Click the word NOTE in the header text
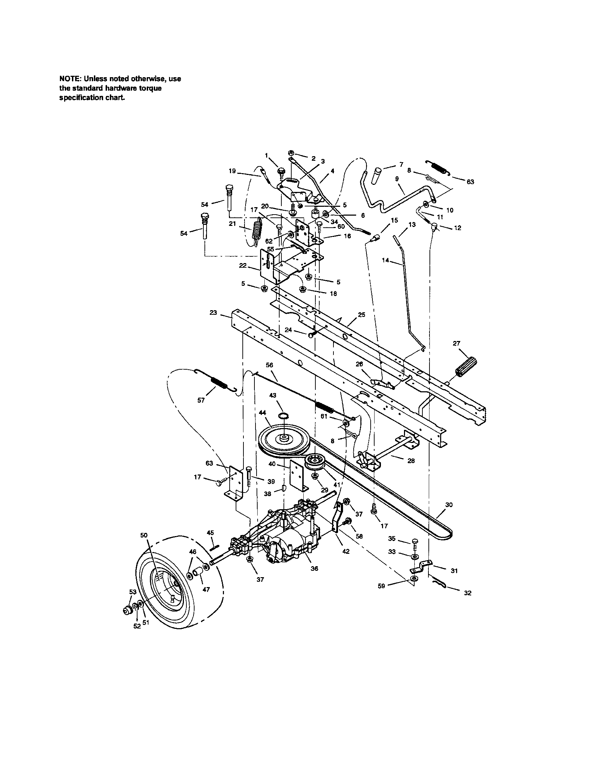(68, 79)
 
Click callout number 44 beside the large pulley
(262, 412)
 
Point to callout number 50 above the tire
(144, 545)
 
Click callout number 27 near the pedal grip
(456, 343)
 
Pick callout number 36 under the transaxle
(314, 569)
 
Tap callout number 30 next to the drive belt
(449, 504)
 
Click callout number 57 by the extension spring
(201, 400)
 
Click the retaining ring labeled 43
(284, 416)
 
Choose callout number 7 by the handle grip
(401, 164)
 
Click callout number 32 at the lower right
(467, 593)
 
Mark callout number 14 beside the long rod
(386, 260)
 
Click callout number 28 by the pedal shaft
(411, 460)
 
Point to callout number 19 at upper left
(232, 171)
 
